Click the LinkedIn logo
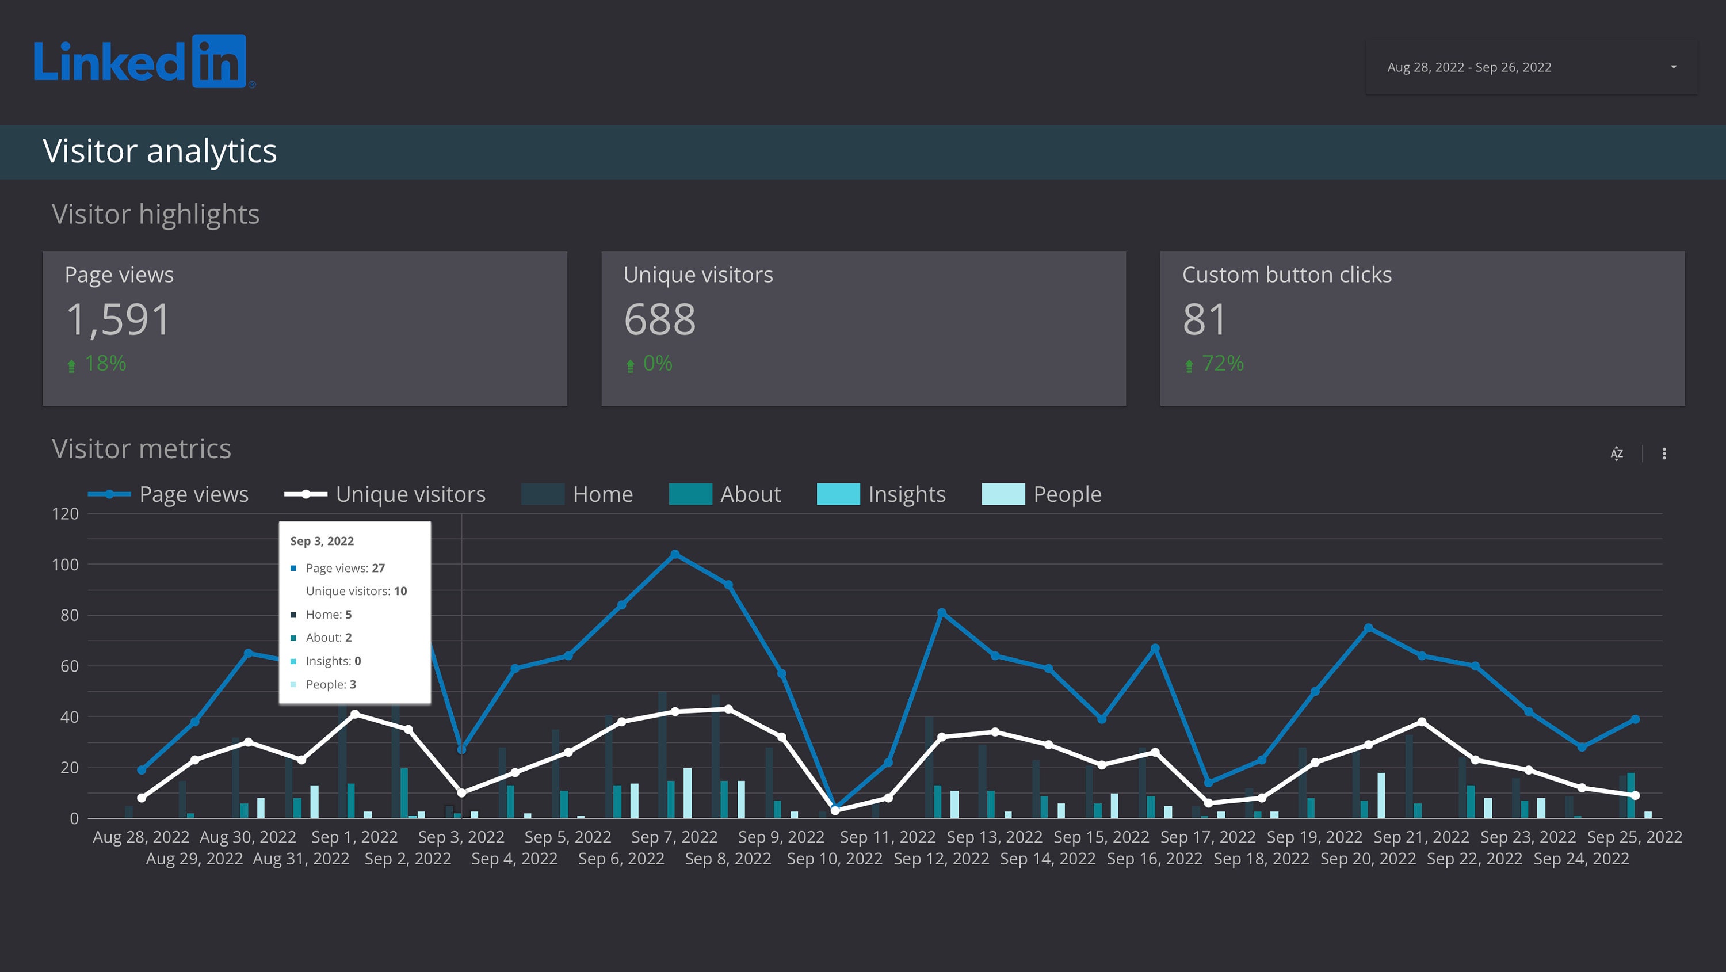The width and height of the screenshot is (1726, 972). point(144,62)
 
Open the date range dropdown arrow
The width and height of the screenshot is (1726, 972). point(1673,67)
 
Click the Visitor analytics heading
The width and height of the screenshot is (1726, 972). point(159,151)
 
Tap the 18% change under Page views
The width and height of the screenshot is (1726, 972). point(105,363)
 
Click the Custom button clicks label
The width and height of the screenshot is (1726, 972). point(1286,275)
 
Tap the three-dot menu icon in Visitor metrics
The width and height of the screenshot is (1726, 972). point(1664,454)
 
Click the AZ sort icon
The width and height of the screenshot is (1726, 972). point(1616,454)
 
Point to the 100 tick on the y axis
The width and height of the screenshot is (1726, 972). point(65,565)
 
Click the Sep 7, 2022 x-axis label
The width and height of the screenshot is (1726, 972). point(674,837)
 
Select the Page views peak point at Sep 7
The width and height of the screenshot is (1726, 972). point(675,554)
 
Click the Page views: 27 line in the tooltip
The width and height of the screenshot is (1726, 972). point(345,568)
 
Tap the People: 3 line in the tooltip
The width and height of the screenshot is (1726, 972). point(330,684)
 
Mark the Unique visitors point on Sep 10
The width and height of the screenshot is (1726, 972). point(835,811)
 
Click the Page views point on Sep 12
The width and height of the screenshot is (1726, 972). point(941,613)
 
